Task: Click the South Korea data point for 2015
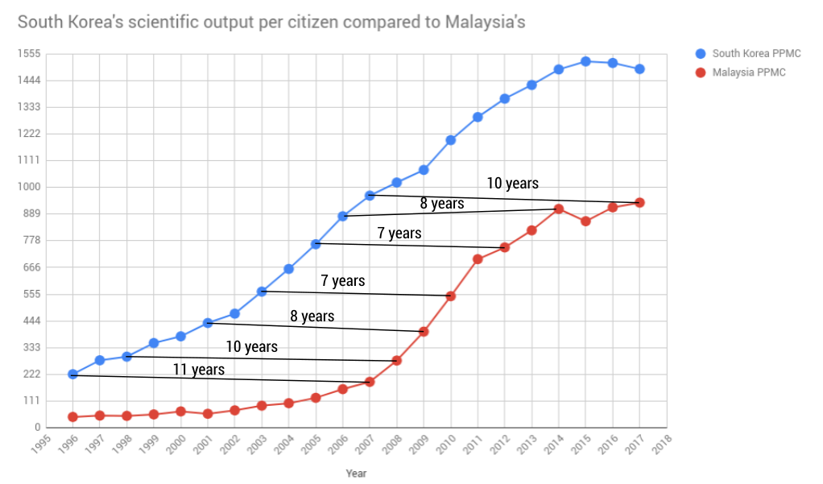585,61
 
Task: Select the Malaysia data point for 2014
559,209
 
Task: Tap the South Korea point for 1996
72,374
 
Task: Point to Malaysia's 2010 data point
451,296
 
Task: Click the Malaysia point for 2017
639,203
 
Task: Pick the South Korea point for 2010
451,140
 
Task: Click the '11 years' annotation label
198,370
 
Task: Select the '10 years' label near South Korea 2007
512,184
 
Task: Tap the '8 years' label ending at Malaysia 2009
312,316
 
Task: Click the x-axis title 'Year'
356,474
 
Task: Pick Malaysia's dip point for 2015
585,221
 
